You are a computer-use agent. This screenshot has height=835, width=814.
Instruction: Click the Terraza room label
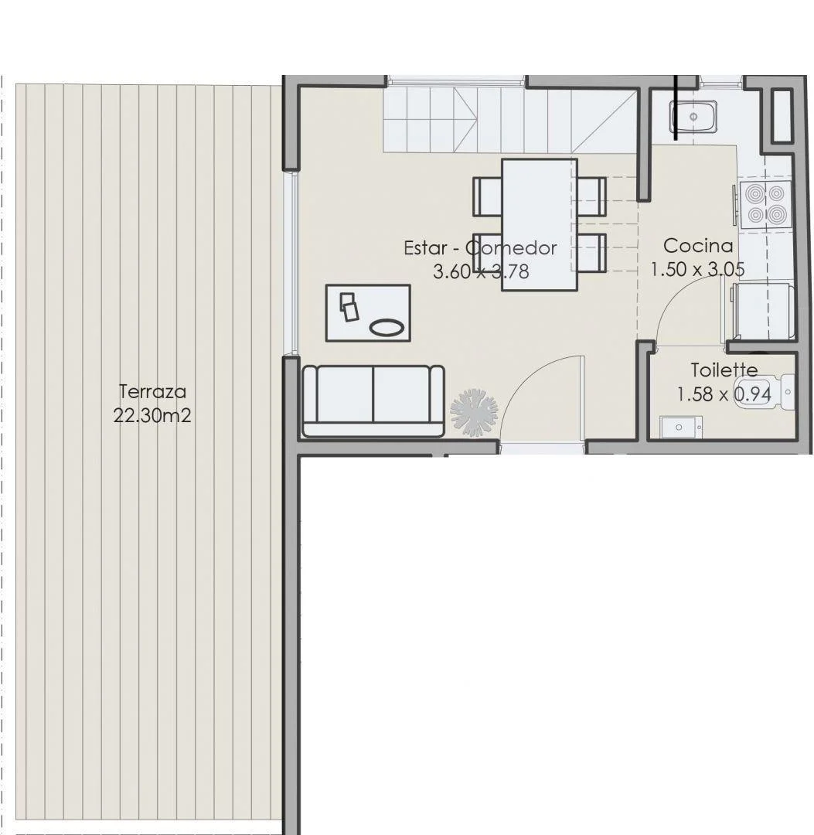click(152, 392)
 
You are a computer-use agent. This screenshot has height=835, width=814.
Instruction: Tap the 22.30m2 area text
click(152, 415)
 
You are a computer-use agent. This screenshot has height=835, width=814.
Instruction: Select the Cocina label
click(699, 246)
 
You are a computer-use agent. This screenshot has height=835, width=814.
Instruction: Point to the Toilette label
click(724, 370)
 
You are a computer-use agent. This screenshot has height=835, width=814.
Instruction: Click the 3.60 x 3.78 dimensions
click(482, 271)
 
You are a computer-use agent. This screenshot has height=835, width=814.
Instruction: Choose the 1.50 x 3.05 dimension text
click(697, 270)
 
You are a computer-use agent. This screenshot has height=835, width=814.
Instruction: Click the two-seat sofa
click(373, 401)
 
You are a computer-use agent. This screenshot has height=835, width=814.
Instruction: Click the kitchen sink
click(693, 118)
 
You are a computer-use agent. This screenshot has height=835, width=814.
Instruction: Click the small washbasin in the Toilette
click(679, 427)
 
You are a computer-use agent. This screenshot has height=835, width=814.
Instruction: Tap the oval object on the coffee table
click(387, 328)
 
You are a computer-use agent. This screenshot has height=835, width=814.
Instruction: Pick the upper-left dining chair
click(488, 196)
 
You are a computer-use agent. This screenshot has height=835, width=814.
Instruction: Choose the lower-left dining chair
click(488, 253)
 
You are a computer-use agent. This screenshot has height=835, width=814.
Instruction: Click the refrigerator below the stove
click(762, 311)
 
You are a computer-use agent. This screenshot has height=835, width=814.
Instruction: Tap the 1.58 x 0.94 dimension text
click(724, 394)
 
